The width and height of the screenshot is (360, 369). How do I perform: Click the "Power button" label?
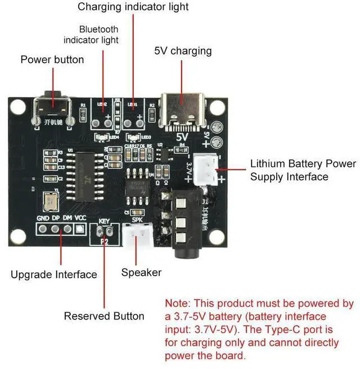coord(52,60)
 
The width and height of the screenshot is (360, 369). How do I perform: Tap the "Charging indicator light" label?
coord(133,7)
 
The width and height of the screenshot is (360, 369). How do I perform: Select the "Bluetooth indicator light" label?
coord(91,34)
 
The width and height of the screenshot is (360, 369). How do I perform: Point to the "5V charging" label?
coord(183,51)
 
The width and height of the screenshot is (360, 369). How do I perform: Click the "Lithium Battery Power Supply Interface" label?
coord(303,170)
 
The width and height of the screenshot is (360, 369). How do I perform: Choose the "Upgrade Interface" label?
coord(54,274)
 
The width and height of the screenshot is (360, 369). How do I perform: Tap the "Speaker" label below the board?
coord(141,273)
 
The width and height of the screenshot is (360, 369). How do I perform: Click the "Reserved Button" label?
coord(104,316)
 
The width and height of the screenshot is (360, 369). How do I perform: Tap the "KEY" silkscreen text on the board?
coord(105,222)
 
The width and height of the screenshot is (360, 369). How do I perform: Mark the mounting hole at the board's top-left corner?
coord(17,107)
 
